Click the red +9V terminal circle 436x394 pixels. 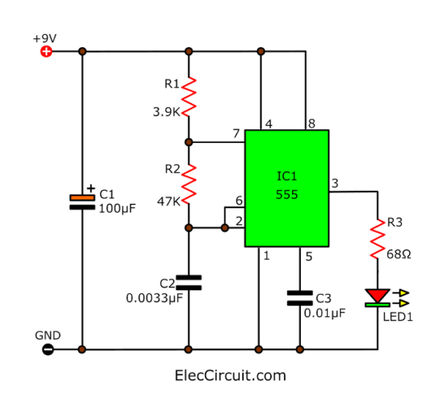[47, 52]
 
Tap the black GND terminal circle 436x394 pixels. [47, 349]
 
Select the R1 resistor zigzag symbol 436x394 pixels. [189, 97]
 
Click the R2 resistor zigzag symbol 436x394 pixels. [189, 184]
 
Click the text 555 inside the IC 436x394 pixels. [286, 195]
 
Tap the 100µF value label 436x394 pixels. [118, 208]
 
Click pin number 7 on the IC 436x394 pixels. [235, 134]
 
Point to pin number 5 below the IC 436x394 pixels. [308, 255]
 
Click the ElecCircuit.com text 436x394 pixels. [230, 375]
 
